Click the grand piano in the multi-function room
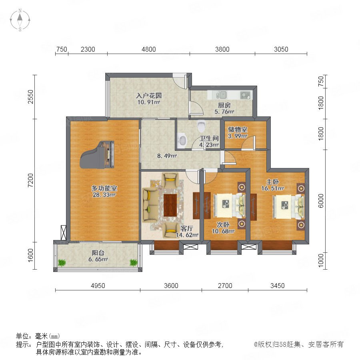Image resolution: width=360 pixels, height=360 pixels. pos(97,155)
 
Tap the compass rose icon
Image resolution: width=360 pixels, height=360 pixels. pos(20,20)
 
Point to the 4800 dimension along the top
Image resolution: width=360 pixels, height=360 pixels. pos(148,49)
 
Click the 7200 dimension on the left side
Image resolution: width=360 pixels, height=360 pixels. pos(30,180)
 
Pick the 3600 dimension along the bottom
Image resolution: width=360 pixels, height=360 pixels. pos(171,286)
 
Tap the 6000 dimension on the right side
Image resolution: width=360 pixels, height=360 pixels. pos(321,201)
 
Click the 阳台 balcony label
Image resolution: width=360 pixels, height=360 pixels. pos(98,253)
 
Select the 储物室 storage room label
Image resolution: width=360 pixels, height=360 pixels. pos(237,129)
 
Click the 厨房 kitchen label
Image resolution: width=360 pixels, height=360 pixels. pos(224,105)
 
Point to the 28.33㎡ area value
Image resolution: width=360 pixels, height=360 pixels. pos(104,195)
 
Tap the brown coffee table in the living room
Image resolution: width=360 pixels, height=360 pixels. pos(170,205)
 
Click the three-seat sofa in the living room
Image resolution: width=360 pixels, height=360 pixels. pos(150,205)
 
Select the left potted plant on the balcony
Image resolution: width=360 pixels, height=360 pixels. pos(62,262)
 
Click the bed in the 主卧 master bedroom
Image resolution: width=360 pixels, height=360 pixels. pos(288,206)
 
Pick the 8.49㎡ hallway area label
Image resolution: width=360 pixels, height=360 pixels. pos(167,156)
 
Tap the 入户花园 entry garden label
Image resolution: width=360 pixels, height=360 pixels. pos(149,96)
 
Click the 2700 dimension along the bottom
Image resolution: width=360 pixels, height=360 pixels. pos(225,286)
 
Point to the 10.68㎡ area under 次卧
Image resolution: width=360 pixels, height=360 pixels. pos(223,231)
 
